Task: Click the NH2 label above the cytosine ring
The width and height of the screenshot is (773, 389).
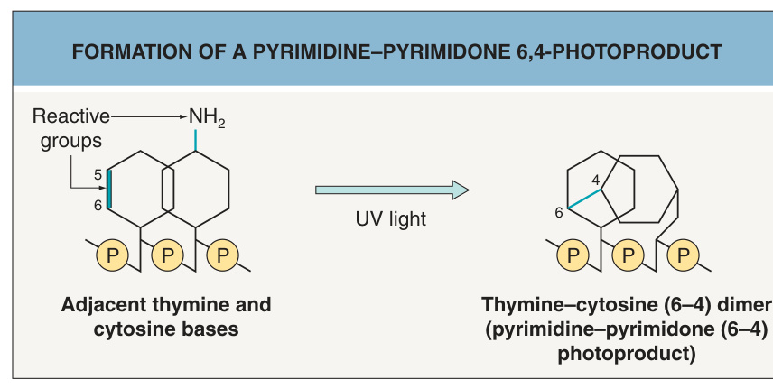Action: point(207,118)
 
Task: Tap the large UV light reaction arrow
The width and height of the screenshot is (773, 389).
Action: point(392,190)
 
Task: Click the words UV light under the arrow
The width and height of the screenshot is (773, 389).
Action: point(391,219)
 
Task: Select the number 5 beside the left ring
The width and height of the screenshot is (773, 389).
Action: point(98,175)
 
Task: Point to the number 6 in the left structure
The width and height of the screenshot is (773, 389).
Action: point(98,205)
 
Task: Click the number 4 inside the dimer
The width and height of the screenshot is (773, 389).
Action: point(596,180)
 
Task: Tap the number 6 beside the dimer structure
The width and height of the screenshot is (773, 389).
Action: point(559,212)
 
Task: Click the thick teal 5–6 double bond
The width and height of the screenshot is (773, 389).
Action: point(109,190)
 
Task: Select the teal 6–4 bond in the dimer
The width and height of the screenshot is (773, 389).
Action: point(584,199)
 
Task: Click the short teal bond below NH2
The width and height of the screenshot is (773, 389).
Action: point(196,140)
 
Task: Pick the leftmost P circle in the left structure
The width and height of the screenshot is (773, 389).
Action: point(112,255)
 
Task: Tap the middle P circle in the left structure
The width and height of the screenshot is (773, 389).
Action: point(168,255)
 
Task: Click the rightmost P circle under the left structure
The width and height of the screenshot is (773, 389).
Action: point(223,255)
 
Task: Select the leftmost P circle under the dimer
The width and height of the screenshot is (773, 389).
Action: point(573,255)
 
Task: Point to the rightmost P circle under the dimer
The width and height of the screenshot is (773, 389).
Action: point(684,255)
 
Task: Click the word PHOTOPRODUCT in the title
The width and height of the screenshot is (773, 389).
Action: point(637,51)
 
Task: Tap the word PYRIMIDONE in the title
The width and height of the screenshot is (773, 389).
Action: point(447,51)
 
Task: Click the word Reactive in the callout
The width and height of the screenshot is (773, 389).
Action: point(71,116)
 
